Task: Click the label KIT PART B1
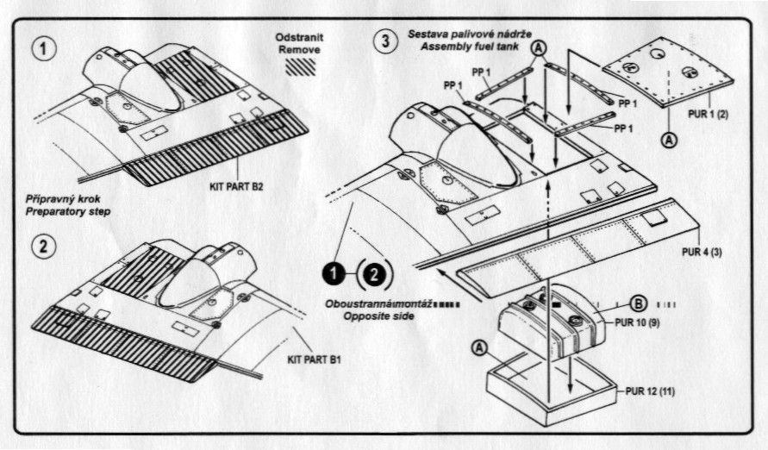tap(315, 359)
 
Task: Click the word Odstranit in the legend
tap(298, 39)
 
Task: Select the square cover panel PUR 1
tap(659, 72)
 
